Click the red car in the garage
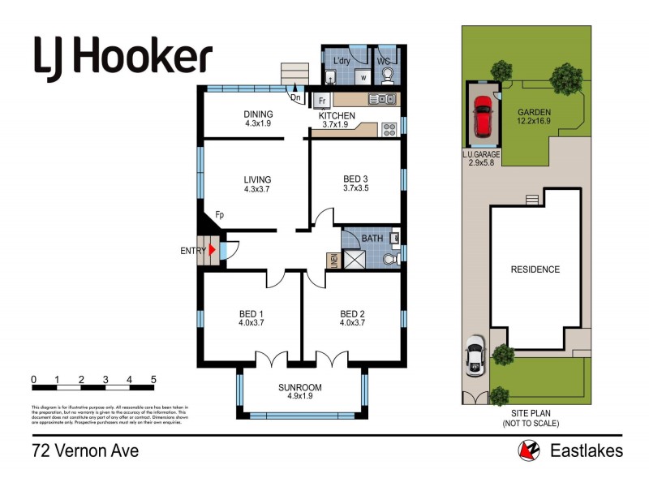tap(481, 117)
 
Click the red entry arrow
tap(213, 251)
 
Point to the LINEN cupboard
tap(333, 261)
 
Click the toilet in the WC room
tap(388, 75)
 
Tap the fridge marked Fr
tap(322, 101)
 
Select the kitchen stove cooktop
tap(389, 127)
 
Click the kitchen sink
tap(381, 100)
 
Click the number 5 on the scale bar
tap(153, 380)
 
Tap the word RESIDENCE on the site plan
tap(535, 269)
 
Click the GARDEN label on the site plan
tap(535, 113)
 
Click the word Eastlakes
tap(585, 450)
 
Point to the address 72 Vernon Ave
tap(85, 450)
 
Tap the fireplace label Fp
tap(220, 216)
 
